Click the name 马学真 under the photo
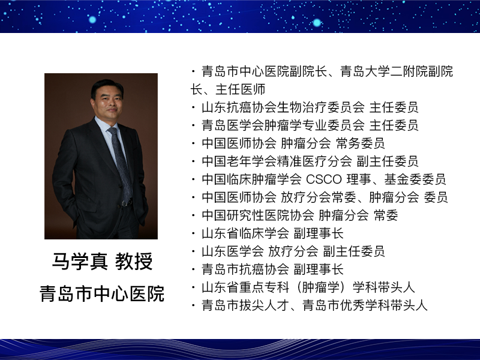80,262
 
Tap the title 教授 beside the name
134,262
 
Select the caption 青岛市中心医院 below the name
102,293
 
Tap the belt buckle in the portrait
126,203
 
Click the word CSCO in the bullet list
324,179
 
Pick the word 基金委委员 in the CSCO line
415,179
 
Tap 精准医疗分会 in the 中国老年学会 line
314,161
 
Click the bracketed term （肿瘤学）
320,287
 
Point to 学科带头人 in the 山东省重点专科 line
384,287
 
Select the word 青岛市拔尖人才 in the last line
245,305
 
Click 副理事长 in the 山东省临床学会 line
319,233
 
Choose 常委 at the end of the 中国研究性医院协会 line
386,215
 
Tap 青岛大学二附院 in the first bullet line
384,71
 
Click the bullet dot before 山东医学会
193,251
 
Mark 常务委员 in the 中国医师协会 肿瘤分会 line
361,143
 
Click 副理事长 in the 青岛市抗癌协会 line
319,269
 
